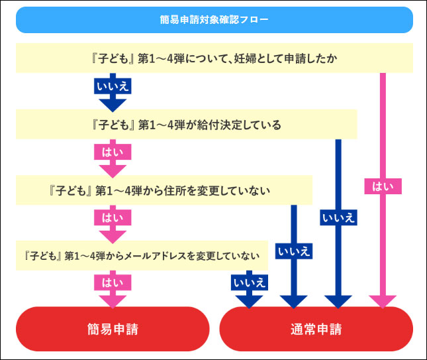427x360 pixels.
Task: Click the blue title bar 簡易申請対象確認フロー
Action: (x=214, y=20)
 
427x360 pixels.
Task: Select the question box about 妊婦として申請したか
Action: (x=214, y=58)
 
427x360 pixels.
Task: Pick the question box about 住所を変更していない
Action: (x=164, y=191)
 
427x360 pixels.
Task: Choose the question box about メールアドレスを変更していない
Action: (x=142, y=255)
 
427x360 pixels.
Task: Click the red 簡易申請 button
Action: (x=112, y=328)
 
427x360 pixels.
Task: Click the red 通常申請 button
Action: (x=316, y=328)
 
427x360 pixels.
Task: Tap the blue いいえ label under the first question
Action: (x=112, y=86)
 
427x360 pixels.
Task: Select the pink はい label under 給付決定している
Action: (x=112, y=152)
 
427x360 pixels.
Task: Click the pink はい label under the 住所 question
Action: (x=112, y=217)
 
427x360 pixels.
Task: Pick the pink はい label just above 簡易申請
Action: (x=112, y=282)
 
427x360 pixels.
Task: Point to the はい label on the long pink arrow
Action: (x=382, y=186)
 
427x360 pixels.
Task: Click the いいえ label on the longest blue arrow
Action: (x=338, y=217)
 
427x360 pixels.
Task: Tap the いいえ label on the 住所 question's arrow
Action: (x=294, y=251)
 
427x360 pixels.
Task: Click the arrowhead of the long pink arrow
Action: (x=382, y=300)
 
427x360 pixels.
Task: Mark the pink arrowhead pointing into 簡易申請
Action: (x=112, y=300)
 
